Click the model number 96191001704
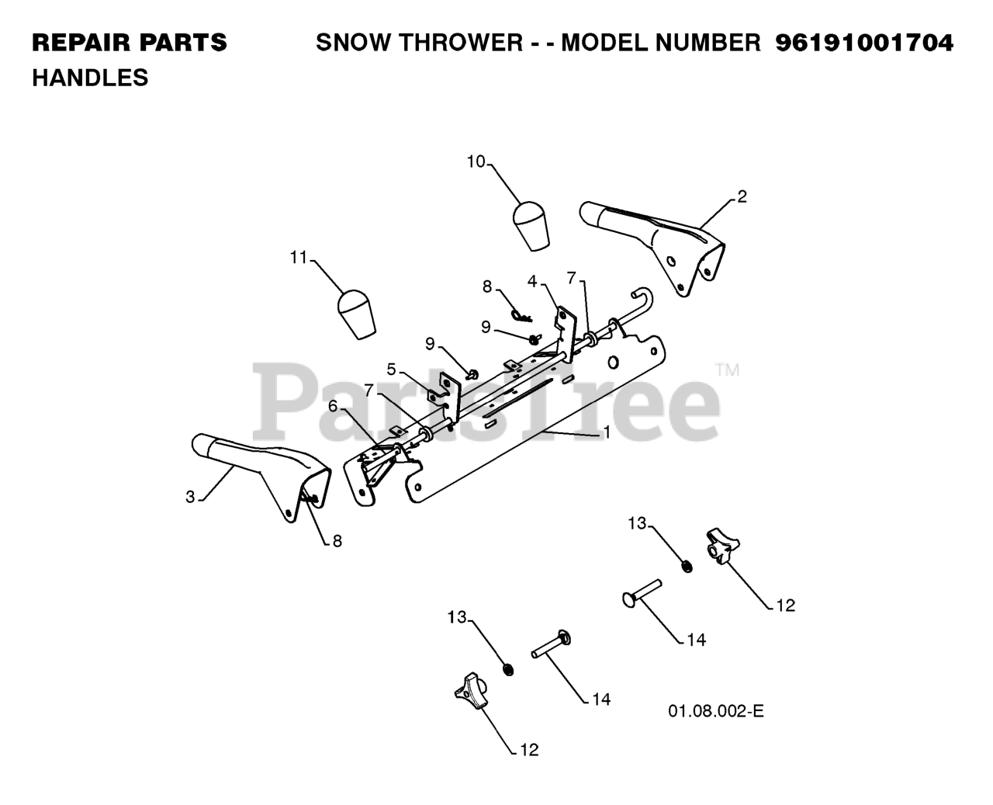864,43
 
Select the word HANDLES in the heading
90,78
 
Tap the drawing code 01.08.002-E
715,711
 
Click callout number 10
476,161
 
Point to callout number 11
299,258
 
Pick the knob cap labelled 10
531,224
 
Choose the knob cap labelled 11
356,313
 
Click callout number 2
742,196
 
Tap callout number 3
190,497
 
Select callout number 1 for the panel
607,432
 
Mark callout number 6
333,405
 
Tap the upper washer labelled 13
687,566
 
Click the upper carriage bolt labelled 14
641,594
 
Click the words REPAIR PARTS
130,43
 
